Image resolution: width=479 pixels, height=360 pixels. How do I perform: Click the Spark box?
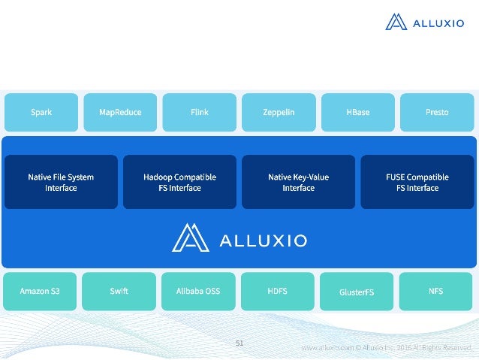pos(41,112)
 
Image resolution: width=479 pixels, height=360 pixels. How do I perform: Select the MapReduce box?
pos(120,112)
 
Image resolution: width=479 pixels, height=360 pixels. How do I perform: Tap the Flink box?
pos(199,112)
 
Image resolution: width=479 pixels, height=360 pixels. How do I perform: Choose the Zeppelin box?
pos(279,112)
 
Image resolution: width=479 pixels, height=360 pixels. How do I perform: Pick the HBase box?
pos(357,112)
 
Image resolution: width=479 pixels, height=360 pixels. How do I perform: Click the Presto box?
pos(437,112)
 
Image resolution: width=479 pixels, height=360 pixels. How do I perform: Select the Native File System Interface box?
pos(61,182)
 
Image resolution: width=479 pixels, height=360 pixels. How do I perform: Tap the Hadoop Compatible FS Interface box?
pos(179,182)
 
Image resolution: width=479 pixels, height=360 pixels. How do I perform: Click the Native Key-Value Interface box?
pos(298,182)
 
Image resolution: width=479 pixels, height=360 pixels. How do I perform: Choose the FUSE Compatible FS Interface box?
pos(417,182)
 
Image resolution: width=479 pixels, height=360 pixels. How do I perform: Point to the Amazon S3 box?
pos(39,291)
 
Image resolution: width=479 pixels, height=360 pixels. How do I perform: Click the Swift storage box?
pos(119,291)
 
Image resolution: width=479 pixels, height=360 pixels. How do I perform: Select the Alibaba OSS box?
pos(198,291)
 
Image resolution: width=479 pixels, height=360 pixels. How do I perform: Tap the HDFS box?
pos(277,291)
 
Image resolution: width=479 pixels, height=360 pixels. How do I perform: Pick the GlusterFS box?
pos(356,292)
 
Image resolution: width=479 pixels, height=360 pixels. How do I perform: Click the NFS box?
pos(436,291)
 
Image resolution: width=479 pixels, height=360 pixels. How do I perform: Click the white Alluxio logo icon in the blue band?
pos(191,237)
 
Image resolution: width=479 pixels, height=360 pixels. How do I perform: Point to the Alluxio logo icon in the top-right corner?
pos(396,22)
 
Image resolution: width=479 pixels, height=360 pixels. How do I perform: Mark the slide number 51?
pos(239,343)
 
